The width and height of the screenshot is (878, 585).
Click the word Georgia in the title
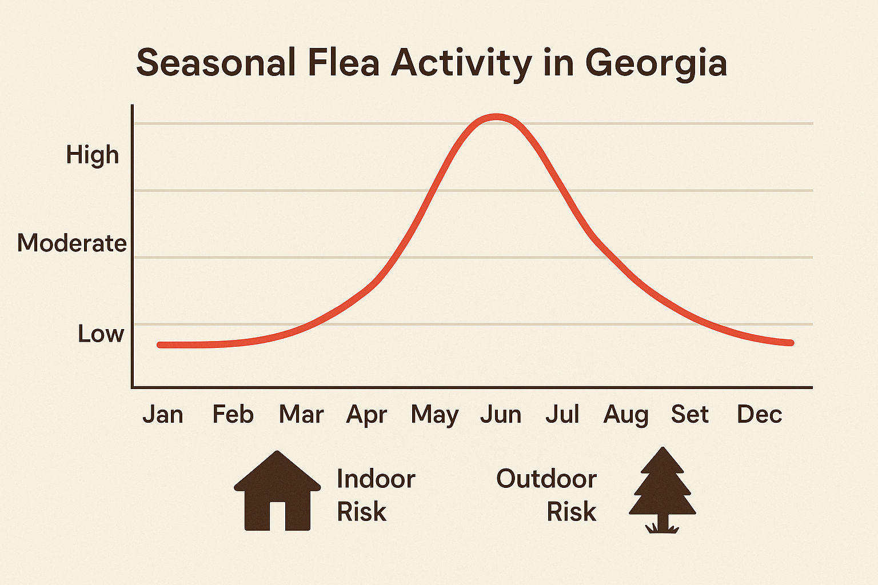click(x=656, y=63)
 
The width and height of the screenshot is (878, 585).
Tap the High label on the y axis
click(x=93, y=155)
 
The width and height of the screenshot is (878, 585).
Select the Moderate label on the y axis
click(x=72, y=243)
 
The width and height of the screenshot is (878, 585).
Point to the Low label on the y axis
click(x=101, y=334)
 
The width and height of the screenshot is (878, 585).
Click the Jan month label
click(x=163, y=414)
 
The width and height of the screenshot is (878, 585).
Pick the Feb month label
click(x=233, y=414)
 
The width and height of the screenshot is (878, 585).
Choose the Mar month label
click(x=301, y=414)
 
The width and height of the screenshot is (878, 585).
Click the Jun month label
click(x=501, y=414)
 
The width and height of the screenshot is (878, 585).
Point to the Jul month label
click(x=562, y=414)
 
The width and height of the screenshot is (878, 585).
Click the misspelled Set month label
click(x=689, y=414)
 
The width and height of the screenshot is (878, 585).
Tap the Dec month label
click(x=759, y=414)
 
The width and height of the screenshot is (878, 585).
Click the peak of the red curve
click(x=497, y=117)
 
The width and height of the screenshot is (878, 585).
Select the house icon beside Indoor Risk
click(x=277, y=492)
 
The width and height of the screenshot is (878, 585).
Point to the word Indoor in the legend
click(x=376, y=479)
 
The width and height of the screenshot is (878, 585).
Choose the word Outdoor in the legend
click(x=546, y=479)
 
